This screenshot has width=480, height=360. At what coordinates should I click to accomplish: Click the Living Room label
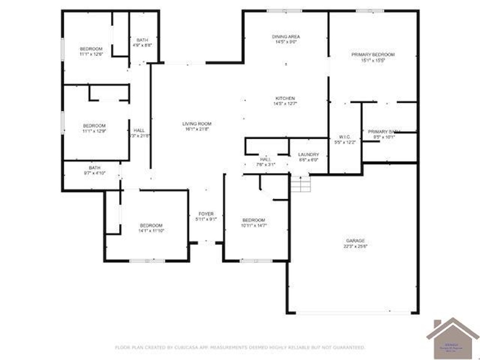pyautogui.click(x=197, y=124)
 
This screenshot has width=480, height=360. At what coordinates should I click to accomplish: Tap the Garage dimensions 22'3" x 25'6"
pyautogui.click(x=355, y=246)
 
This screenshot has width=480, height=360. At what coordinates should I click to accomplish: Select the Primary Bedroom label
pyautogui.click(x=373, y=55)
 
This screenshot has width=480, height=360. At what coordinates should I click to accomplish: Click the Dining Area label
pyautogui.click(x=286, y=37)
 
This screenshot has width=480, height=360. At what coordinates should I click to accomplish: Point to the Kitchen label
pyautogui.click(x=285, y=98)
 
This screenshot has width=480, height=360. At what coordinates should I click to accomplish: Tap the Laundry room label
pyautogui.click(x=308, y=155)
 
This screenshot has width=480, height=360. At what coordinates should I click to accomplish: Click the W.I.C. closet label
pyautogui.click(x=345, y=137)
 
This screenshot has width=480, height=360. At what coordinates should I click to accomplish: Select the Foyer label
pyautogui.click(x=206, y=214)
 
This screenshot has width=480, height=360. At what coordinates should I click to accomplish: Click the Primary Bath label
pyautogui.click(x=383, y=132)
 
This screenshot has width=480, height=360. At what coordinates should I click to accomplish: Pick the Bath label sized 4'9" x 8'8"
pyautogui.click(x=142, y=40)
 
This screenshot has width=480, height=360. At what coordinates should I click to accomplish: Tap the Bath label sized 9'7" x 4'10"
pyautogui.click(x=95, y=168)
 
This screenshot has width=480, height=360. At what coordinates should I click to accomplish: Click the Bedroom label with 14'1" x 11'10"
pyautogui.click(x=151, y=226)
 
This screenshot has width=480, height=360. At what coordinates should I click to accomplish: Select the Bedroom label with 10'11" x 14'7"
pyautogui.click(x=253, y=220)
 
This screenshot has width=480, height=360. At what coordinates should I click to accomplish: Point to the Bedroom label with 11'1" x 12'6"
pyautogui.click(x=91, y=49)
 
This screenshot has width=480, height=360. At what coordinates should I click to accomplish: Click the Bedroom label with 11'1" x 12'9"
pyautogui.click(x=94, y=126)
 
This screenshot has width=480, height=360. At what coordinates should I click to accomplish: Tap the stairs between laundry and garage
pyautogui.click(x=300, y=184)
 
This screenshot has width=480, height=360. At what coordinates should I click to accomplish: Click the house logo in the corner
pyautogui.click(x=452, y=338)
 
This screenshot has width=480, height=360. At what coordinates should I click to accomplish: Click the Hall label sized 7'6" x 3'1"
pyautogui.click(x=266, y=159)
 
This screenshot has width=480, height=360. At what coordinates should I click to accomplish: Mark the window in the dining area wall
pyautogui.click(x=284, y=11)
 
